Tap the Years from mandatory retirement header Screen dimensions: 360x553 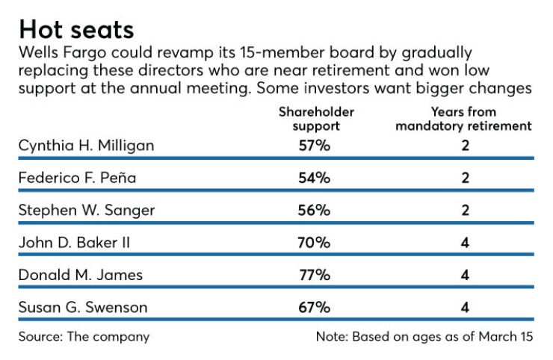pyautogui.click(x=463, y=119)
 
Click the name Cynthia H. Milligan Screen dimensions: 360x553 pyautogui.click(x=86, y=145)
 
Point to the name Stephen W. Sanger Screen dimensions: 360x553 pyautogui.click(x=86, y=210)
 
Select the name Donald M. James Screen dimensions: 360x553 pyautogui.click(x=80, y=275)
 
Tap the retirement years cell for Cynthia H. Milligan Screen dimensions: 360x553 pyautogui.click(x=465, y=145)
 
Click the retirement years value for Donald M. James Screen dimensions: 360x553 pyautogui.click(x=465, y=275)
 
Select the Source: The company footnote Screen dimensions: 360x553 pyautogui.click(x=84, y=337)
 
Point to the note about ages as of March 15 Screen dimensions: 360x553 pyautogui.click(x=424, y=337)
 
